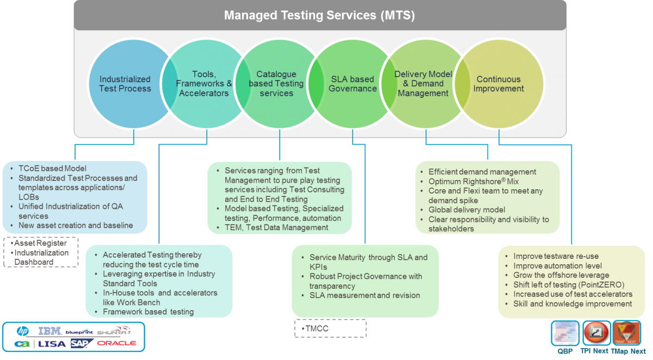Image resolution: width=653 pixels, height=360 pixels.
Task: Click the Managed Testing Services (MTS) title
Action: (x=319, y=15)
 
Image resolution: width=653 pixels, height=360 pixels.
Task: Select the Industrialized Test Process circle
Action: (x=125, y=84)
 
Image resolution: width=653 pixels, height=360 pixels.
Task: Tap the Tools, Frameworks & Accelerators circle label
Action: (x=204, y=84)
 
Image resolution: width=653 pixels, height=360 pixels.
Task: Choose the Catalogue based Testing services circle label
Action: (x=276, y=84)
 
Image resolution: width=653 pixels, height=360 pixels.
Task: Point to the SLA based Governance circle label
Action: (x=353, y=84)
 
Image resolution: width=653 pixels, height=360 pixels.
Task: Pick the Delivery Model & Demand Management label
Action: (x=423, y=84)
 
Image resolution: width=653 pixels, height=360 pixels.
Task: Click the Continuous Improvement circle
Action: (x=498, y=84)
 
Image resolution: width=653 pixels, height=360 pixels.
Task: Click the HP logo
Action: (x=22, y=331)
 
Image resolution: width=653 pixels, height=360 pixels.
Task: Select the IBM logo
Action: (x=50, y=331)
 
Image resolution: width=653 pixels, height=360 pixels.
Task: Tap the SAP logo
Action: (x=82, y=344)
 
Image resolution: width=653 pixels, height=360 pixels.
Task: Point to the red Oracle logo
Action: (x=116, y=344)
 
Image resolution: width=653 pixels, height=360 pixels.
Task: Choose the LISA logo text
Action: (x=53, y=344)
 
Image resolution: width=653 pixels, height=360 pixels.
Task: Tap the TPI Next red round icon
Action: (x=596, y=332)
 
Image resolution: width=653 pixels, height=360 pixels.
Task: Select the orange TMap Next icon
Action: (x=626, y=332)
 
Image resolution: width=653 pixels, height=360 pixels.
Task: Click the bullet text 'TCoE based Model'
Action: (x=52, y=169)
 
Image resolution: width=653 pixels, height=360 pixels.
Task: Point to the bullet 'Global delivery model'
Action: (x=466, y=210)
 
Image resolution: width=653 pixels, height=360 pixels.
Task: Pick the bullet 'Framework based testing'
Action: (x=148, y=312)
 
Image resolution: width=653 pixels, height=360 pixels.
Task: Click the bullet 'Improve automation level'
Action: (x=557, y=266)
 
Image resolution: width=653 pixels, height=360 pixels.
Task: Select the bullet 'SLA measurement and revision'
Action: (x=365, y=295)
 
